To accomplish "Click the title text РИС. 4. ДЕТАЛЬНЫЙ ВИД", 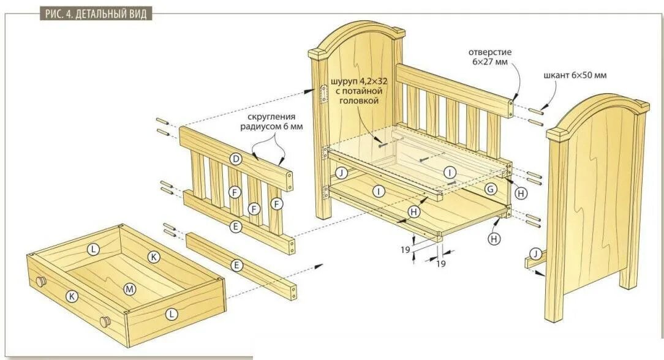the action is tap(96, 14).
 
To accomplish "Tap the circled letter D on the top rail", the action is tap(235, 159).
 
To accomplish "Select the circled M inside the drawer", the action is tap(129, 288).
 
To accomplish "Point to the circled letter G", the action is tap(490, 190).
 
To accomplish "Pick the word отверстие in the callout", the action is tap(490, 51).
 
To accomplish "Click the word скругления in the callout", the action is tap(271, 116).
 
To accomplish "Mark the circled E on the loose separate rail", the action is tap(236, 264).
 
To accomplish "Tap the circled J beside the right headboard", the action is tap(536, 253).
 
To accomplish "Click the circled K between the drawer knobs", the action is tap(72, 296).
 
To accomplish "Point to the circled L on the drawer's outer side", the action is tap(172, 314).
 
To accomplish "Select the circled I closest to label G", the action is tap(450, 172).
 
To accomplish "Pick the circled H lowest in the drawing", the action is tap(494, 239).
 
